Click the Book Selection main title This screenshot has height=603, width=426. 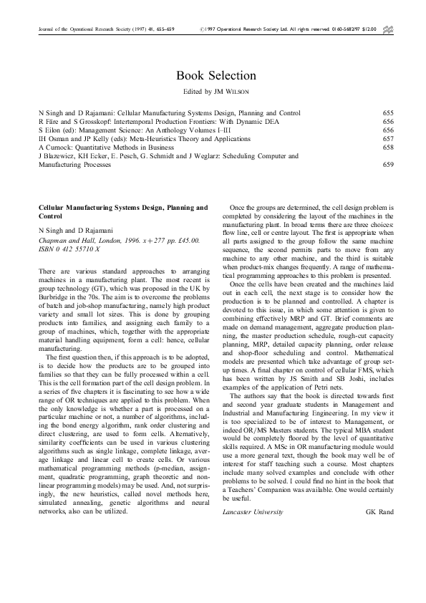216,75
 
